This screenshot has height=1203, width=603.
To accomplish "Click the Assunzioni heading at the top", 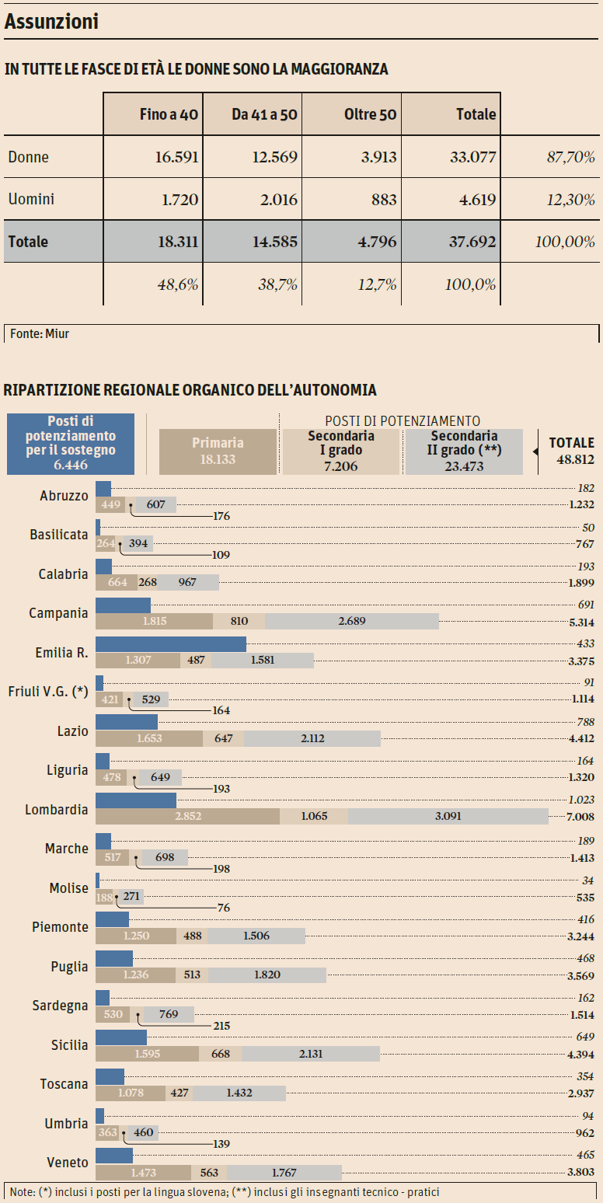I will click(x=51, y=23).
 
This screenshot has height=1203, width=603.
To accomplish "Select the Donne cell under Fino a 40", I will click(x=178, y=157).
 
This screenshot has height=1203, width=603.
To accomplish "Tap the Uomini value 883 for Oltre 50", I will click(x=383, y=200).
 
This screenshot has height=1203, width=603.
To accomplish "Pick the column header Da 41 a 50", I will click(x=264, y=115).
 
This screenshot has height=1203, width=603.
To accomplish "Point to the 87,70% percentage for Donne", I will click(x=570, y=157).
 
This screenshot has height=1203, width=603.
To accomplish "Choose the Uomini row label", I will click(x=31, y=200).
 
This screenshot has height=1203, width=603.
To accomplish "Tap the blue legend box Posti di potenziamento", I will click(x=71, y=443).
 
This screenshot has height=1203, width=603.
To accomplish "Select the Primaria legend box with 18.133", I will click(x=218, y=451).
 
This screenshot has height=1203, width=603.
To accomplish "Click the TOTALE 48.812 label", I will click(x=571, y=451).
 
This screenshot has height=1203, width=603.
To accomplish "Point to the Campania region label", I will click(x=58, y=613).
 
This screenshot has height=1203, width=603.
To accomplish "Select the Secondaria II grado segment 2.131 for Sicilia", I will click(x=310, y=1054).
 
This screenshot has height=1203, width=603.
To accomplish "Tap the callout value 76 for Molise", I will click(x=223, y=908).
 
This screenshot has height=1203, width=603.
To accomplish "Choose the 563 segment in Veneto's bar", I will click(x=209, y=1173).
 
